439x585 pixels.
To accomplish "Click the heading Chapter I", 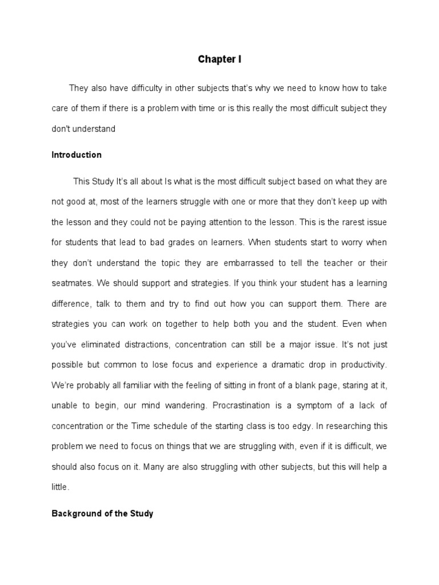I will (219, 59).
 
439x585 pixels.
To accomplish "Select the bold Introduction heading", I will (77, 155).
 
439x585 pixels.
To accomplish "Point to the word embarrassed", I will (258, 262).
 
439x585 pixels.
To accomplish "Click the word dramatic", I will (254, 364).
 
